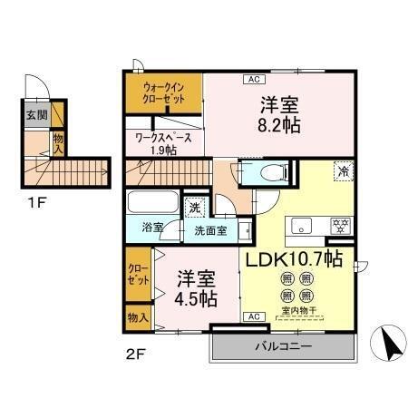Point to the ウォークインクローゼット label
(x=163, y=93)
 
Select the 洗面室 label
(x=210, y=229)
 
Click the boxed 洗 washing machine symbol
(x=195, y=208)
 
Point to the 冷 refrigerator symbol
(x=344, y=171)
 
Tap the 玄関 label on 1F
(x=30, y=115)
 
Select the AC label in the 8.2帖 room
(x=252, y=80)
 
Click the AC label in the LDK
(x=254, y=316)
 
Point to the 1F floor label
(x=31, y=192)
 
